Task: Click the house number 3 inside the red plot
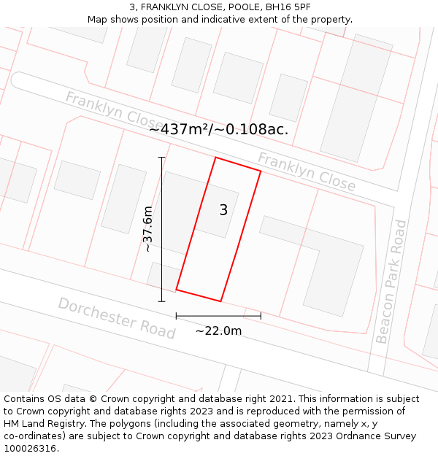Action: pos(223,210)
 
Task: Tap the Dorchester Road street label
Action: pos(117,318)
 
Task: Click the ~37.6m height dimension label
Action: pos(148,229)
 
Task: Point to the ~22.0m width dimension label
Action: pos(218,331)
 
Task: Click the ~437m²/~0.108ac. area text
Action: pos(219,129)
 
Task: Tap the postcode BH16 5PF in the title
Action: pos(291,7)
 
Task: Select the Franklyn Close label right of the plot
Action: pos(307,172)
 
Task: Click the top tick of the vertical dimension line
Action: pos(161,158)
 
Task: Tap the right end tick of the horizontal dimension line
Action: pos(261,316)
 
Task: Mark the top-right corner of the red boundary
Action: pos(261,171)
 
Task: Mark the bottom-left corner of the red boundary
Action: pos(176,290)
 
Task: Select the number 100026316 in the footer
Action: pos(31,449)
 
